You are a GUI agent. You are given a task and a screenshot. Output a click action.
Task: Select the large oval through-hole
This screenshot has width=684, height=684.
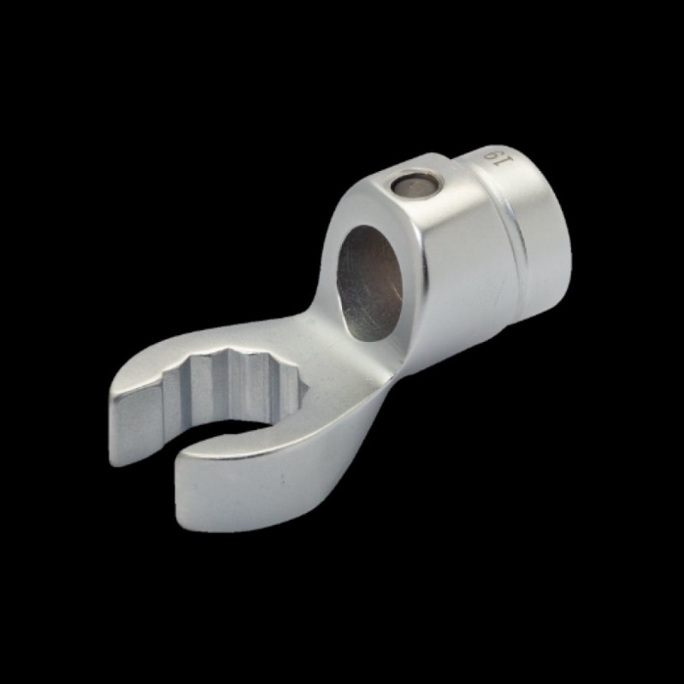[x=369, y=283]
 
